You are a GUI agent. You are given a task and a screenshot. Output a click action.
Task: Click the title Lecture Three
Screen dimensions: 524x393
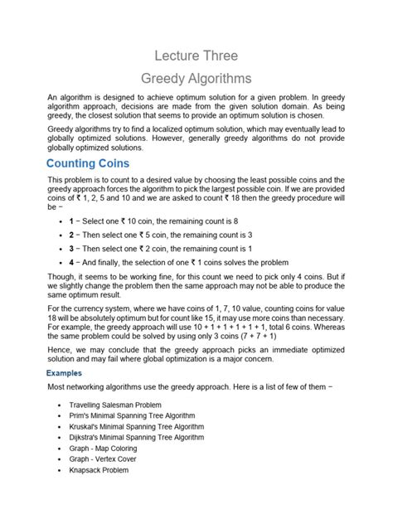point(196,56)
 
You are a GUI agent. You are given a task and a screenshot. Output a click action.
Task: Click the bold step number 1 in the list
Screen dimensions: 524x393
point(72,222)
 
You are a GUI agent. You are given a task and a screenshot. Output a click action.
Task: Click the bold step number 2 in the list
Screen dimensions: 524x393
point(72,240)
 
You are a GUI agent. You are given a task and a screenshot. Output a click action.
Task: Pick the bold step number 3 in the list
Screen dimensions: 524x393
point(72,257)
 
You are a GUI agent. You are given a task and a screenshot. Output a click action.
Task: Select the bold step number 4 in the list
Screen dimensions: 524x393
point(72,274)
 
